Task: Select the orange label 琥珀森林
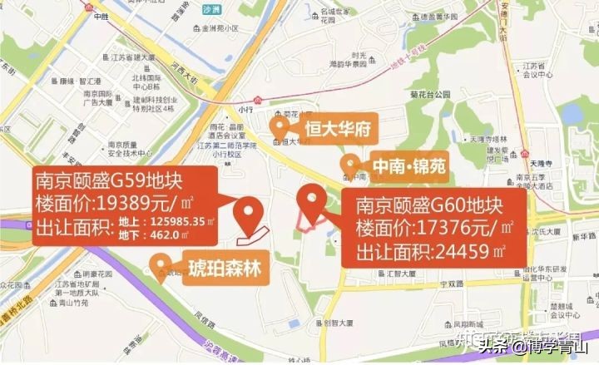(223, 266)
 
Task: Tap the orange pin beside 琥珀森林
(159, 267)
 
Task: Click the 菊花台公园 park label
(428, 95)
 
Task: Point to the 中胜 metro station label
(101, 17)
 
